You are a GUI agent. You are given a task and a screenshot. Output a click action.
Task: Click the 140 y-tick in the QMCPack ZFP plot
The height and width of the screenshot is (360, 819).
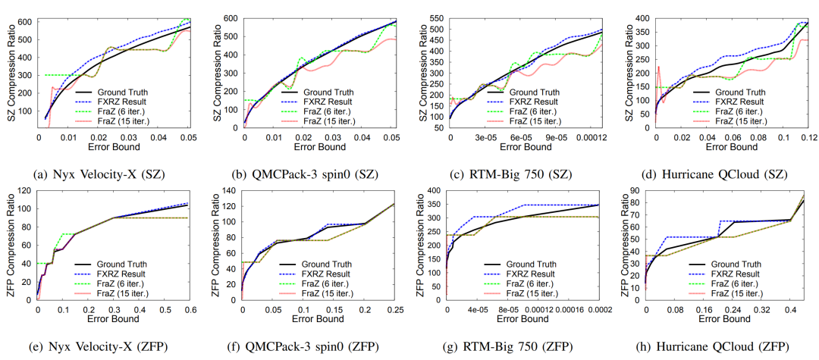tap(230, 189)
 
